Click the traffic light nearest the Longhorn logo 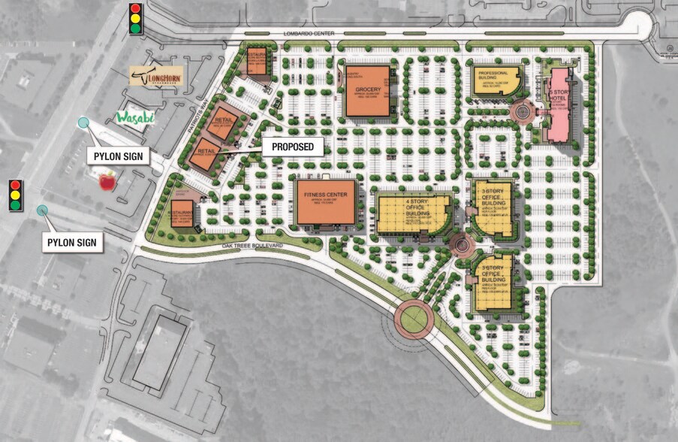coord(136,18)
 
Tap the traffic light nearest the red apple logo coord(15,195)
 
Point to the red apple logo coord(107,180)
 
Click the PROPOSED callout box coord(293,147)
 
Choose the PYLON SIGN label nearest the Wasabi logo coord(118,156)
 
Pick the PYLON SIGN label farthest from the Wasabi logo coord(72,243)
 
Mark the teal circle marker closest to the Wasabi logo coord(83,123)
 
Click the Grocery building coord(367,92)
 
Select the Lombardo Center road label coord(307,35)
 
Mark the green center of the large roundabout coord(414,319)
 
